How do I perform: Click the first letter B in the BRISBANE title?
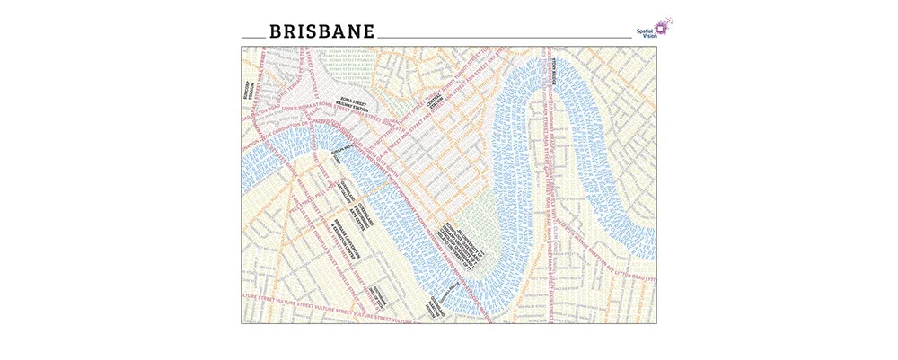(x=252, y=31)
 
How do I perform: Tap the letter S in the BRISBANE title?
(x=298, y=31)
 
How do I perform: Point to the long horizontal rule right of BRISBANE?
(x=503, y=37)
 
